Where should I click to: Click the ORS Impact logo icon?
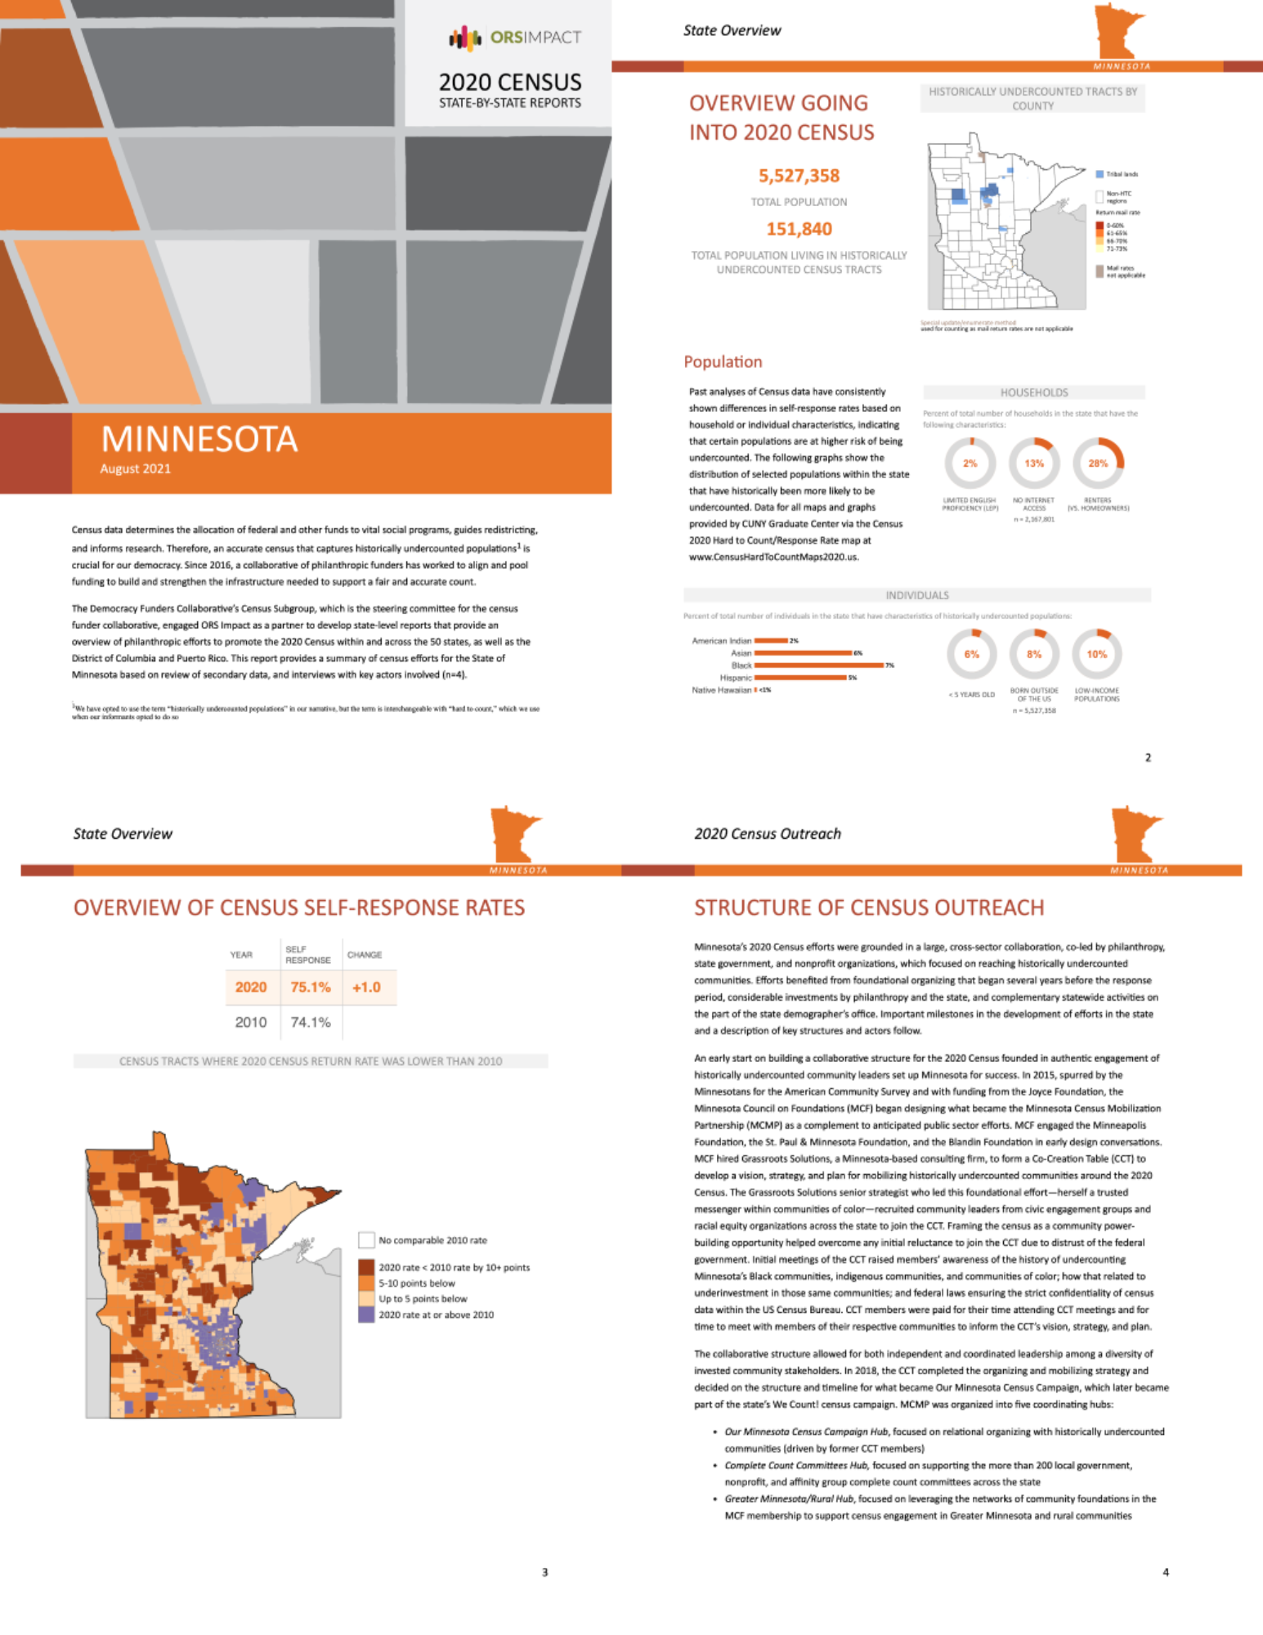464,38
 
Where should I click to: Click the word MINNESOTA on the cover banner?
199,440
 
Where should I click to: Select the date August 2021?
136,469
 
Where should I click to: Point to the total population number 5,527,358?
799,176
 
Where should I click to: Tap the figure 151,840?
799,230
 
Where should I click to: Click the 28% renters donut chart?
1098,464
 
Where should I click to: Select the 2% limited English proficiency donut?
970,464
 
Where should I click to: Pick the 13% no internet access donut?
1034,464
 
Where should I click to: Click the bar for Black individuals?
818,665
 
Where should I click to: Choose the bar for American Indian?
771,641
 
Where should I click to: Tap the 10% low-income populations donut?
1096,654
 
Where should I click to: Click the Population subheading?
723,362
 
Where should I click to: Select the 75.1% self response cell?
311,988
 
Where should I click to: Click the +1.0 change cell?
366,988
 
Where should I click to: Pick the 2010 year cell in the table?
250,1023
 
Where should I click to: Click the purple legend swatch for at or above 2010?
366,1315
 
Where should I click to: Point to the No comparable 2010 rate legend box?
366,1241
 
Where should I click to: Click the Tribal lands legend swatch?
1100,174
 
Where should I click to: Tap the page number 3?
545,1572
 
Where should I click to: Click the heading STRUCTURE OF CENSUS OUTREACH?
869,908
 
